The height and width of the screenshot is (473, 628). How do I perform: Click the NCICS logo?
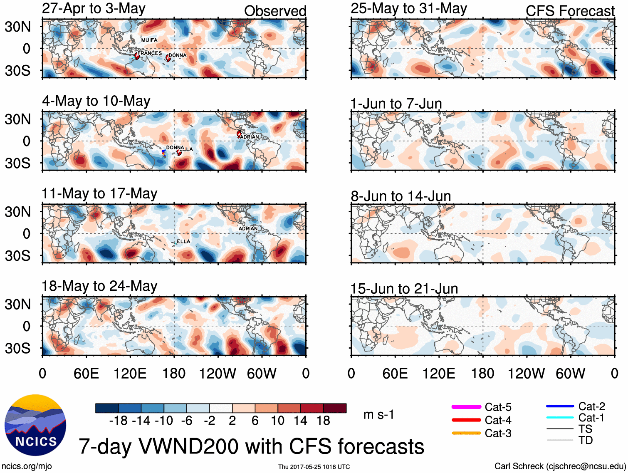[x=35, y=425]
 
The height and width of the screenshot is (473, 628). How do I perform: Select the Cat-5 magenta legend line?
[x=466, y=407]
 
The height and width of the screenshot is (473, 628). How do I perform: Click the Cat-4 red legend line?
[x=466, y=420]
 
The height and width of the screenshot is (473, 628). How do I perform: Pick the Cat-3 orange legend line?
[x=466, y=433]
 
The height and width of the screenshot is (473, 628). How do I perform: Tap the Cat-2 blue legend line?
[x=560, y=406]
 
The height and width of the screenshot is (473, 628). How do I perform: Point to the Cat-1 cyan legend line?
[x=560, y=417]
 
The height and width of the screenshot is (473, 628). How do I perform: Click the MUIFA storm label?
[x=149, y=40]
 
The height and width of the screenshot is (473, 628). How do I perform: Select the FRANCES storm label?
[x=150, y=53]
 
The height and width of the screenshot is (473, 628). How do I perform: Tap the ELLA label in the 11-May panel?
[x=183, y=241]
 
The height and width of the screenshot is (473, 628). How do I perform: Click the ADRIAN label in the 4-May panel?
[x=250, y=137]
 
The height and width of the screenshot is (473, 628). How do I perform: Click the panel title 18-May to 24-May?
[x=99, y=286]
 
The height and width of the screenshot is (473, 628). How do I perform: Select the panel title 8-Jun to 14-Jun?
[x=401, y=196]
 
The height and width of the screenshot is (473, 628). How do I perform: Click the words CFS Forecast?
[x=570, y=11]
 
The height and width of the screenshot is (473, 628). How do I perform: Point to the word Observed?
[x=275, y=11]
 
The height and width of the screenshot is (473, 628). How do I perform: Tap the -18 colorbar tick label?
[x=118, y=421]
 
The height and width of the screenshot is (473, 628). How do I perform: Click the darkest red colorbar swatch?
[x=335, y=408]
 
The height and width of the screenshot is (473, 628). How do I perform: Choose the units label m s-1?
[x=378, y=414]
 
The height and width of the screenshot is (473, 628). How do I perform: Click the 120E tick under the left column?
[x=130, y=373]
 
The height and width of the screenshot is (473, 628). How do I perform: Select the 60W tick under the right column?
[x=570, y=373]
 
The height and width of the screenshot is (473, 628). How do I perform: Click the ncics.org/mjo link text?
[x=27, y=466]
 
